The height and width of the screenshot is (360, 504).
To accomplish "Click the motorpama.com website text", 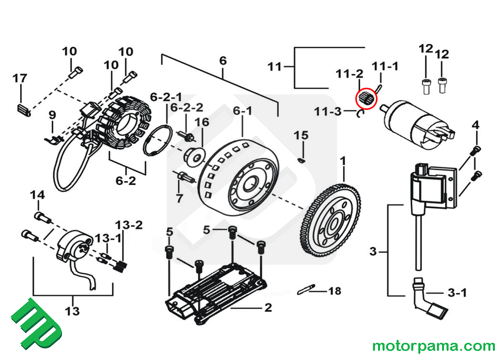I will pyautogui.click(x=433, y=346).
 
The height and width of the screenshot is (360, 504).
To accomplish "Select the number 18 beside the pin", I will pyautogui.click(x=334, y=291).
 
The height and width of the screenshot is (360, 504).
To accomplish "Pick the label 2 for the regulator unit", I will pyautogui.click(x=268, y=307).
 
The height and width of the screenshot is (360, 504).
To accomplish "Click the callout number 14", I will pyautogui.click(x=37, y=195).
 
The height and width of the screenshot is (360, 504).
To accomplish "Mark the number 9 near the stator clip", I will pyautogui.click(x=52, y=116).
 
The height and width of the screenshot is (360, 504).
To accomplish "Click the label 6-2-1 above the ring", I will pyautogui.click(x=166, y=96).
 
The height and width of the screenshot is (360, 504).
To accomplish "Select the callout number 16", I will pyautogui.click(x=202, y=122).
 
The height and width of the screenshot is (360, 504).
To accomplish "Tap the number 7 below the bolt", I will pyautogui.click(x=179, y=198).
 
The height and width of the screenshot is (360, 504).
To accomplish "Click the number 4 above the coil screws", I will pyautogui.click(x=475, y=125).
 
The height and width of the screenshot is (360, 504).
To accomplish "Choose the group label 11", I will pyautogui.click(x=274, y=67).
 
